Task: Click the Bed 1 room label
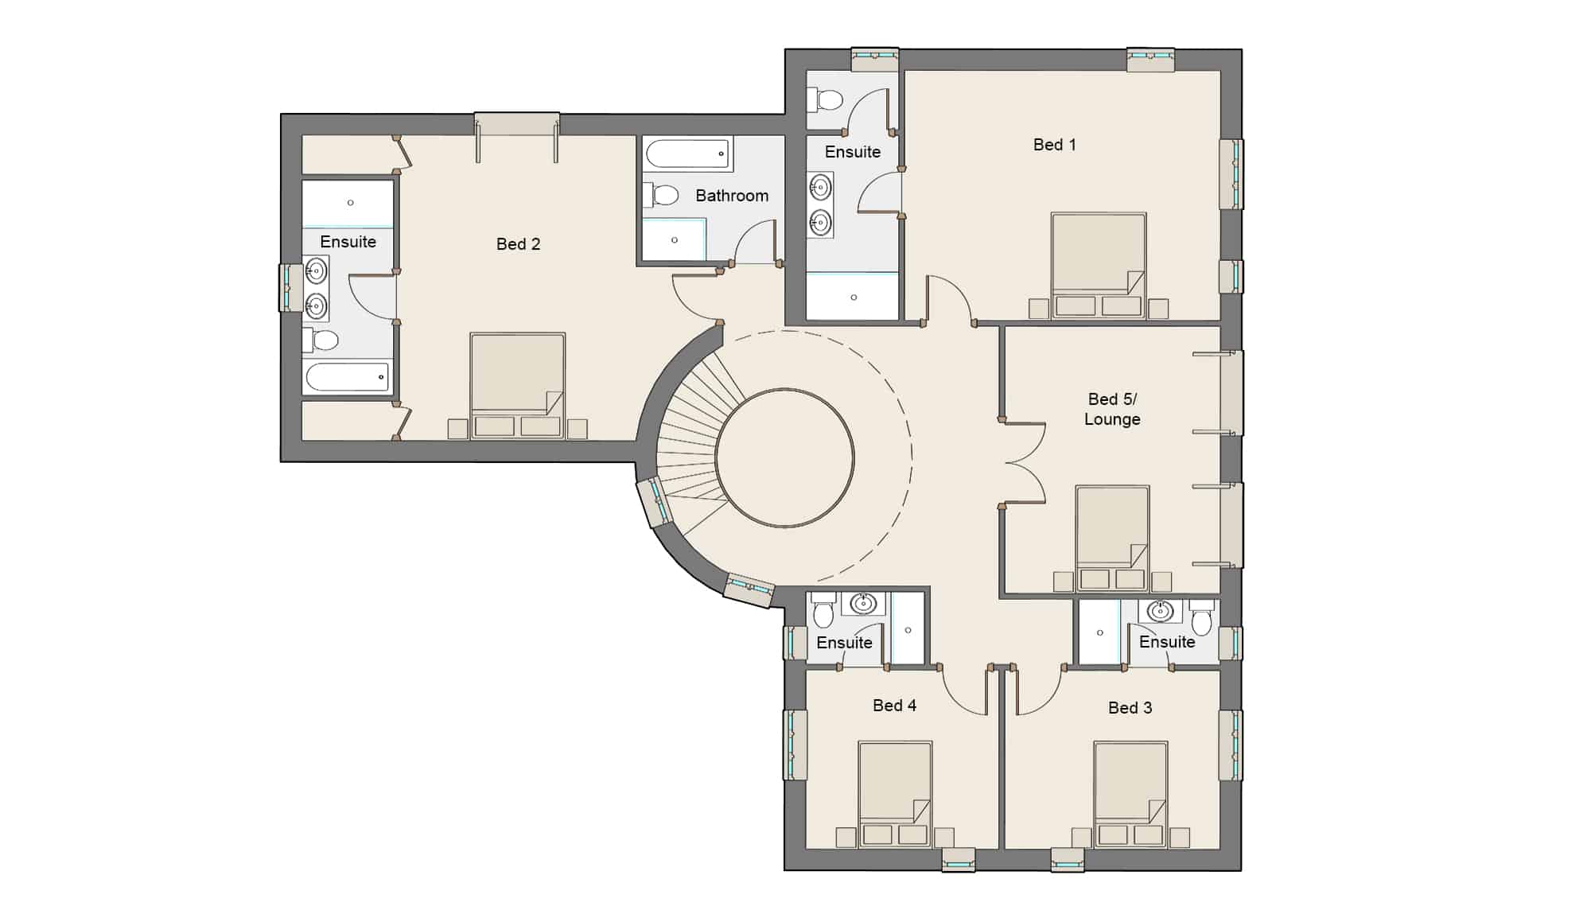[1054, 145]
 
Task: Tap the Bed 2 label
[518, 244]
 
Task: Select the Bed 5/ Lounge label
[1112, 409]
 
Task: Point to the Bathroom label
[732, 196]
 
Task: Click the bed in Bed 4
[895, 794]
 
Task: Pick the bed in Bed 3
[1130, 794]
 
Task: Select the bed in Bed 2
[517, 386]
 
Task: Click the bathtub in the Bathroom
[688, 154]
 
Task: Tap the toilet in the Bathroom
[661, 195]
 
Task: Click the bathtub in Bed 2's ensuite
[348, 377]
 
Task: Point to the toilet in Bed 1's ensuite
[825, 100]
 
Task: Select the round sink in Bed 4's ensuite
[863, 604]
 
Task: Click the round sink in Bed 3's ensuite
[1161, 611]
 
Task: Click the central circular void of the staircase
[784, 457]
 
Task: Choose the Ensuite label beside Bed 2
[348, 242]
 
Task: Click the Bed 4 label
[894, 706]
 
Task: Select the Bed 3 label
[1130, 708]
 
